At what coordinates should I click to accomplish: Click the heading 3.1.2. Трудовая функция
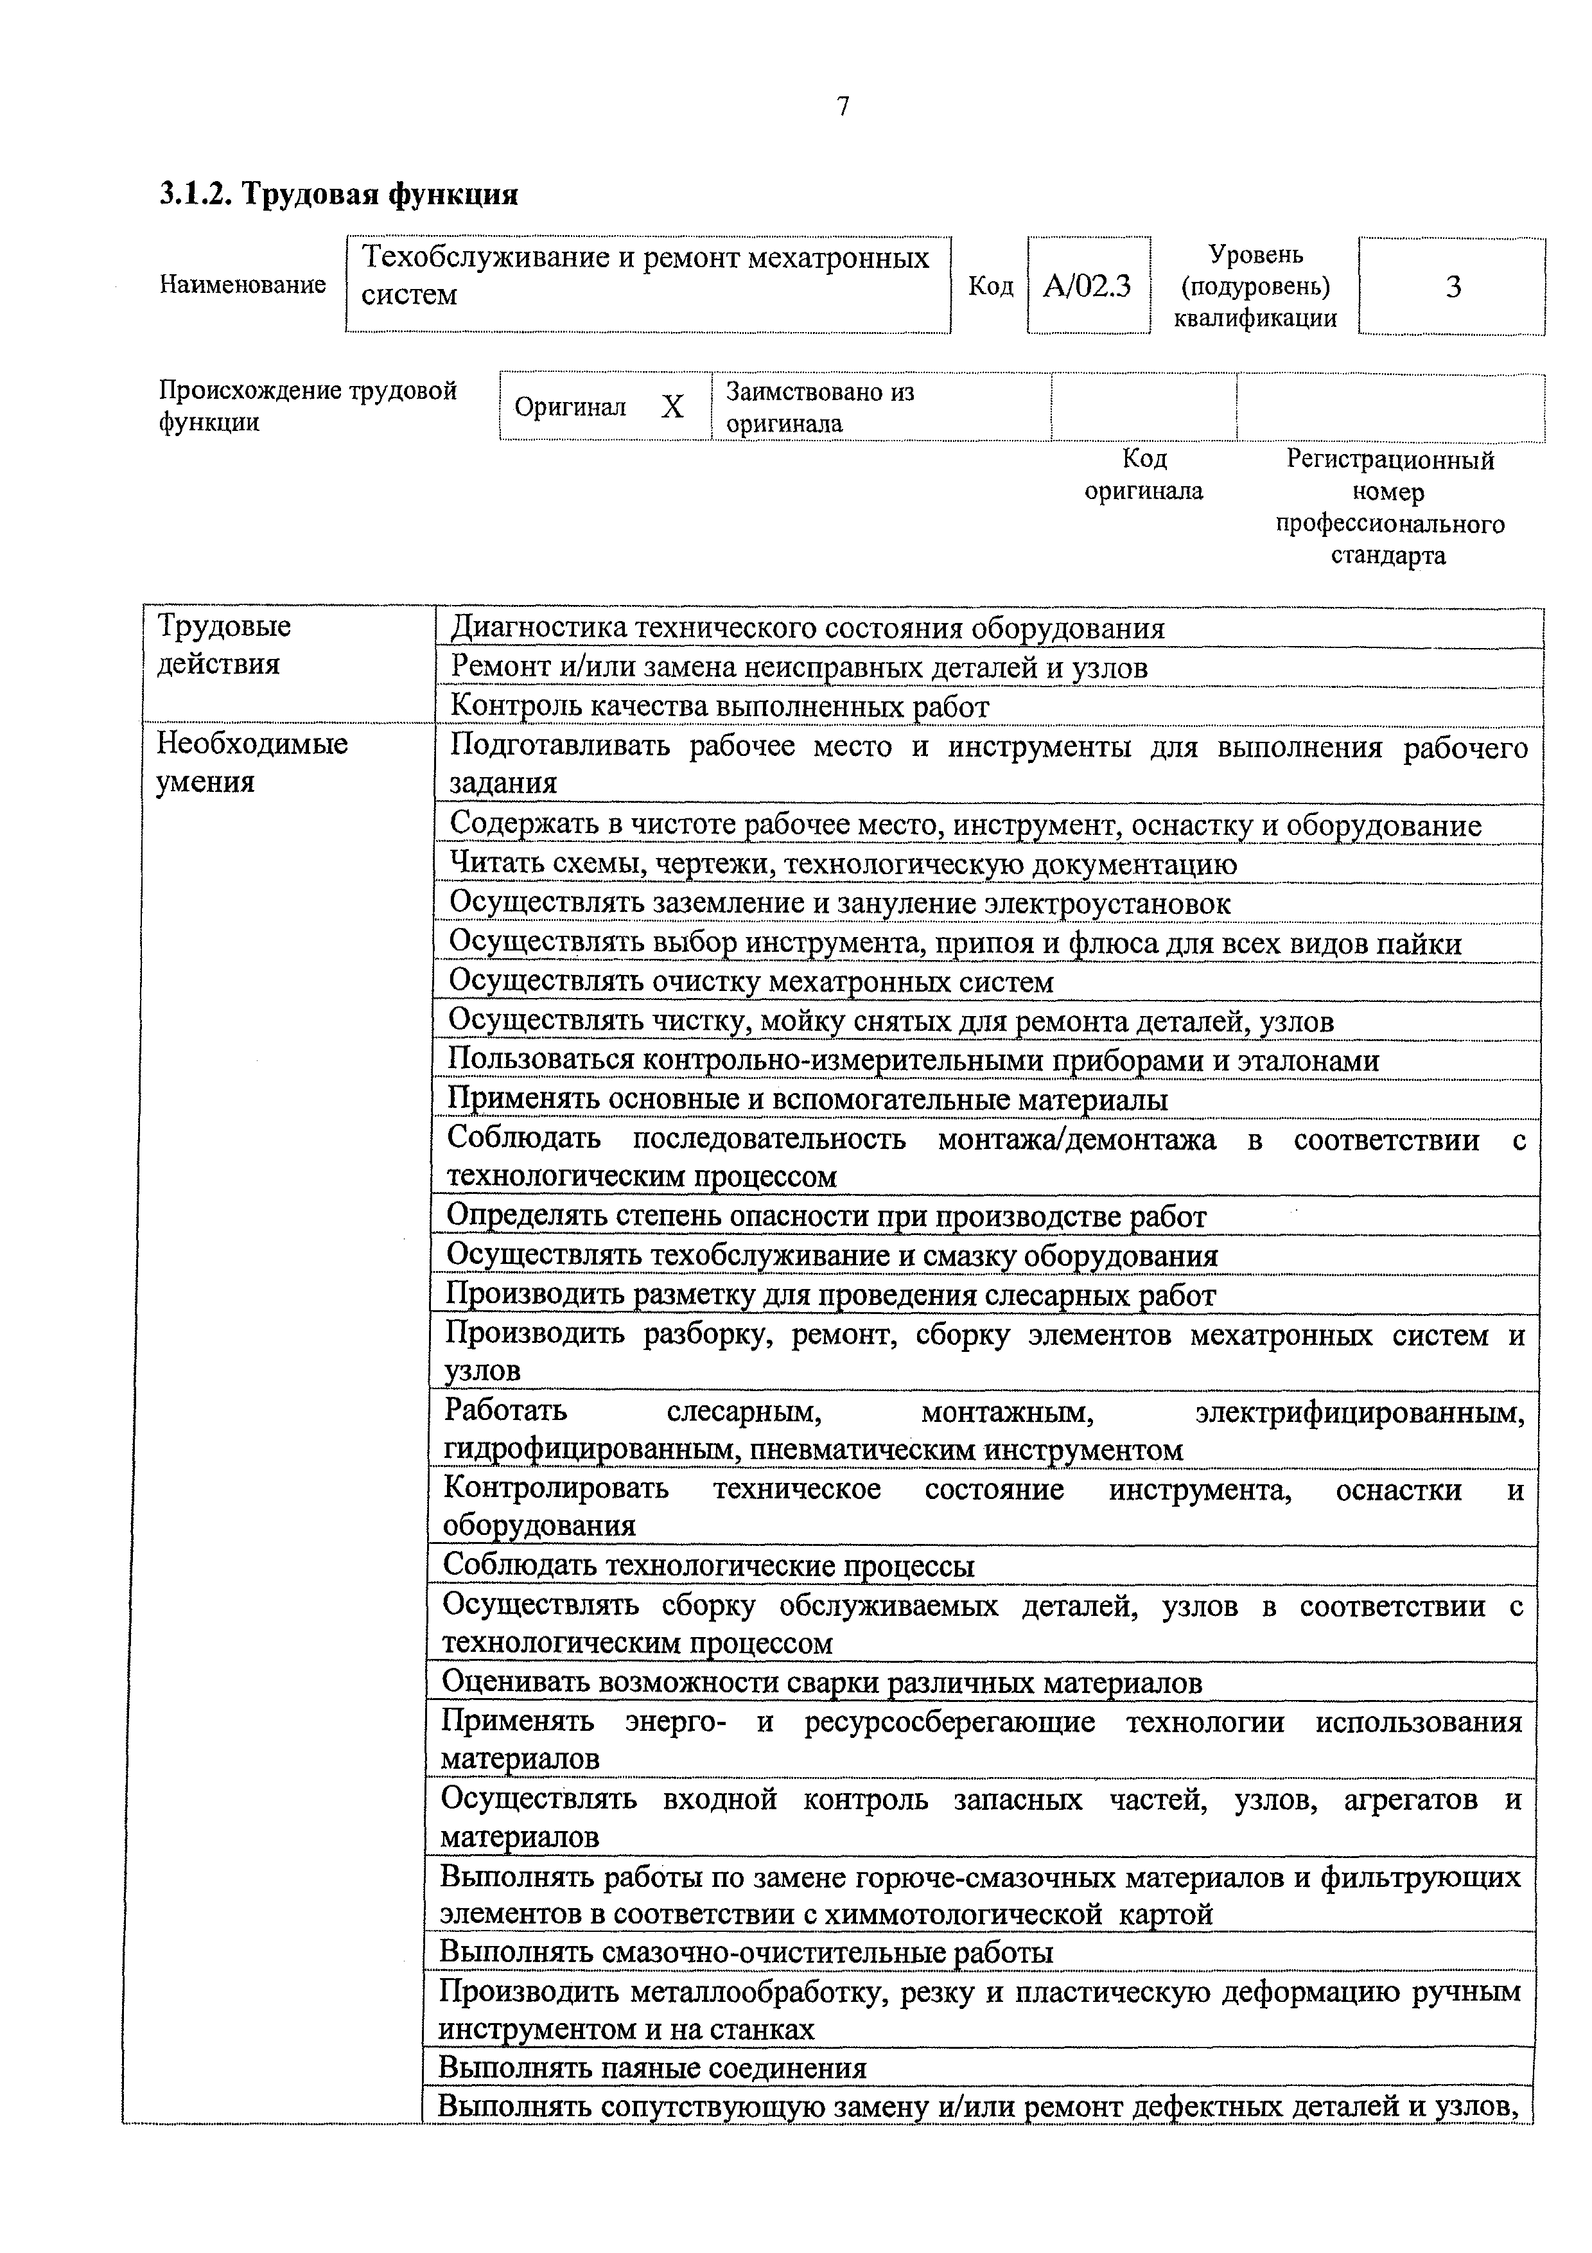pyautogui.click(x=338, y=195)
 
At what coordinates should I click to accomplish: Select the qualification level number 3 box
pyautogui.click(x=1453, y=286)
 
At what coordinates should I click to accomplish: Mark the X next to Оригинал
pyautogui.click(x=672, y=407)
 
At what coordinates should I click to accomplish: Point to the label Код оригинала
pyautogui.click(x=1144, y=474)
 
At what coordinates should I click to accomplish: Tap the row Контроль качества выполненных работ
pyautogui.click(x=719, y=706)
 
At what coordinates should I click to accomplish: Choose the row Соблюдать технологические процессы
pyautogui.click(x=708, y=1565)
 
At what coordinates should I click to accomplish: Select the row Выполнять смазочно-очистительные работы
pyautogui.click(x=746, y=1952)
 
